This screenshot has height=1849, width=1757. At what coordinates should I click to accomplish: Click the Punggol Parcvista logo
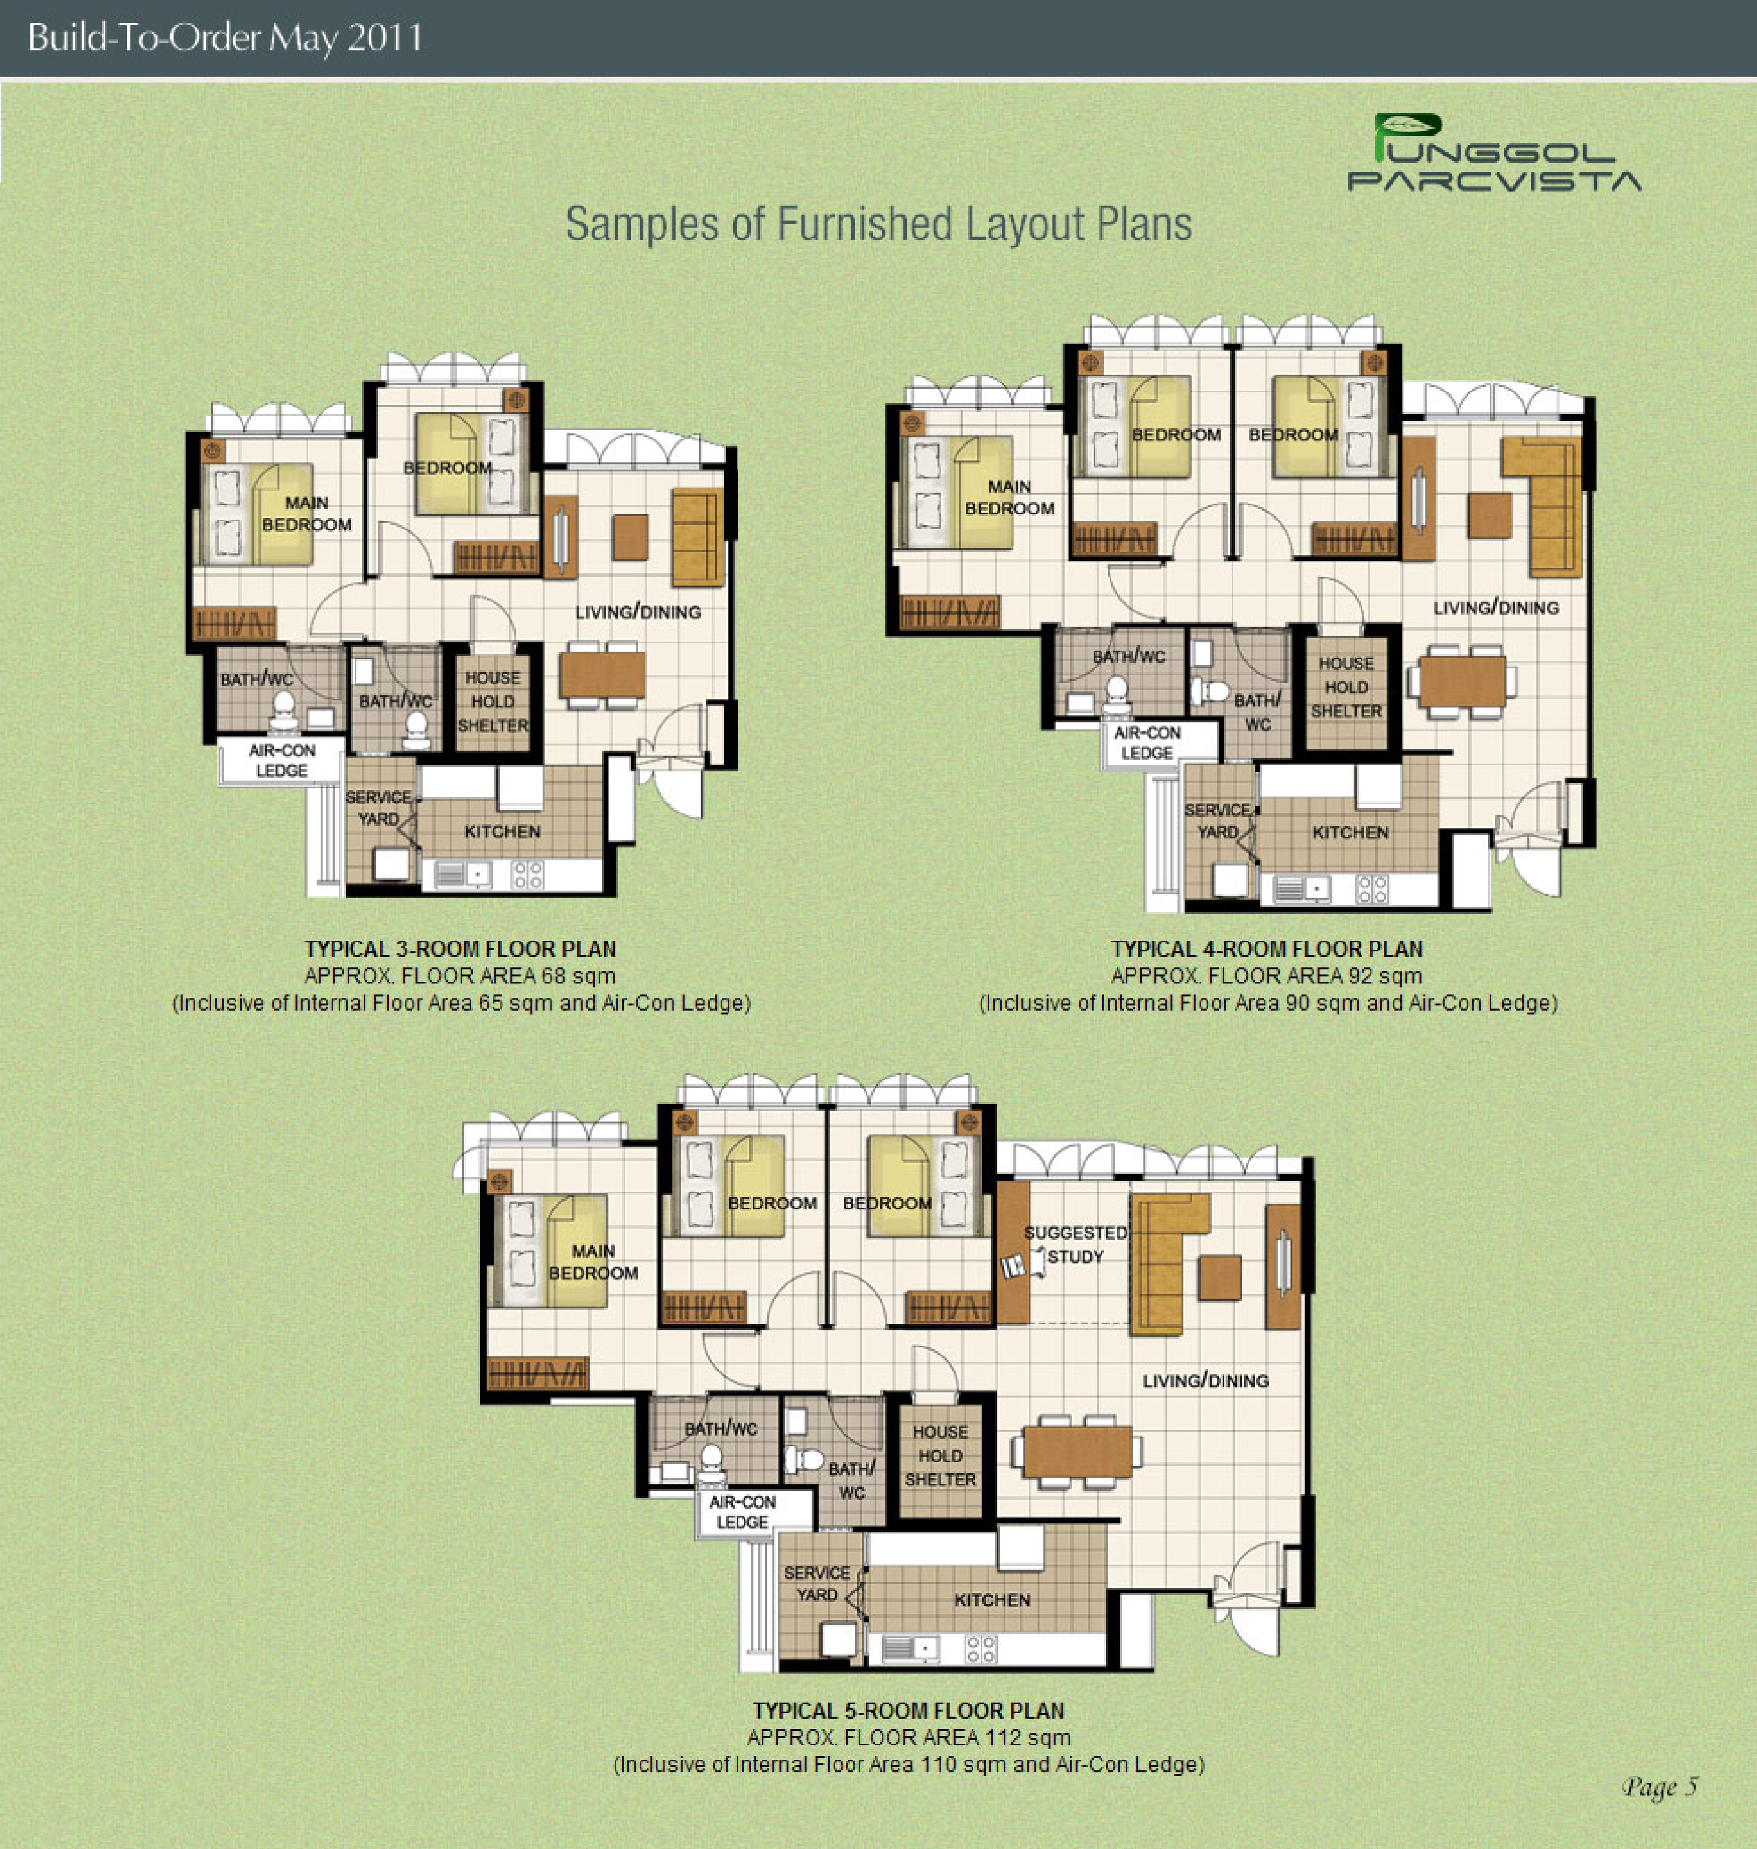(1494, 153)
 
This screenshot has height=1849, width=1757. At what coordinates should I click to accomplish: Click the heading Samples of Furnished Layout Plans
(879, 224)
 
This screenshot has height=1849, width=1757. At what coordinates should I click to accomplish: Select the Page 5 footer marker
(1660, 1787)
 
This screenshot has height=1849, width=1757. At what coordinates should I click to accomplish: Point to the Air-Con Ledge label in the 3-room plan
(282, 760)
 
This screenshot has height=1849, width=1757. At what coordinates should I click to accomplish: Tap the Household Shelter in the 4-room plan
(1346, 687)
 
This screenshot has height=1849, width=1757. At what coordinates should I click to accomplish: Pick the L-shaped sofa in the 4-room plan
(1541, 506)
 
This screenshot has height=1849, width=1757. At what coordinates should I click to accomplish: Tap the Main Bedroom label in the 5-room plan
(594, 1262)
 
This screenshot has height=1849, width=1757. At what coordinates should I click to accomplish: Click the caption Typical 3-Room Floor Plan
(461, 949)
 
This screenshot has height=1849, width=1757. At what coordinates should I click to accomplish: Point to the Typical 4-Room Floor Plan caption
(1267, 949)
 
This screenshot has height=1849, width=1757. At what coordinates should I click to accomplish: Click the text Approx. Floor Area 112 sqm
(909, 1737)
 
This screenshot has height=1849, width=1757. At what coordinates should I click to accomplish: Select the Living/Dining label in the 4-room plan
(1496, 608)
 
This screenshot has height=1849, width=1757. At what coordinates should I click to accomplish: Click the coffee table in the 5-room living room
(1220, 1278)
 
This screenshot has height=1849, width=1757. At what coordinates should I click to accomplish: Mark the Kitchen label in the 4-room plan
(1350, 833)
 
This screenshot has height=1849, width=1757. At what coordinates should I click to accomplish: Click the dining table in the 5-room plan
(1077, 1452)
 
